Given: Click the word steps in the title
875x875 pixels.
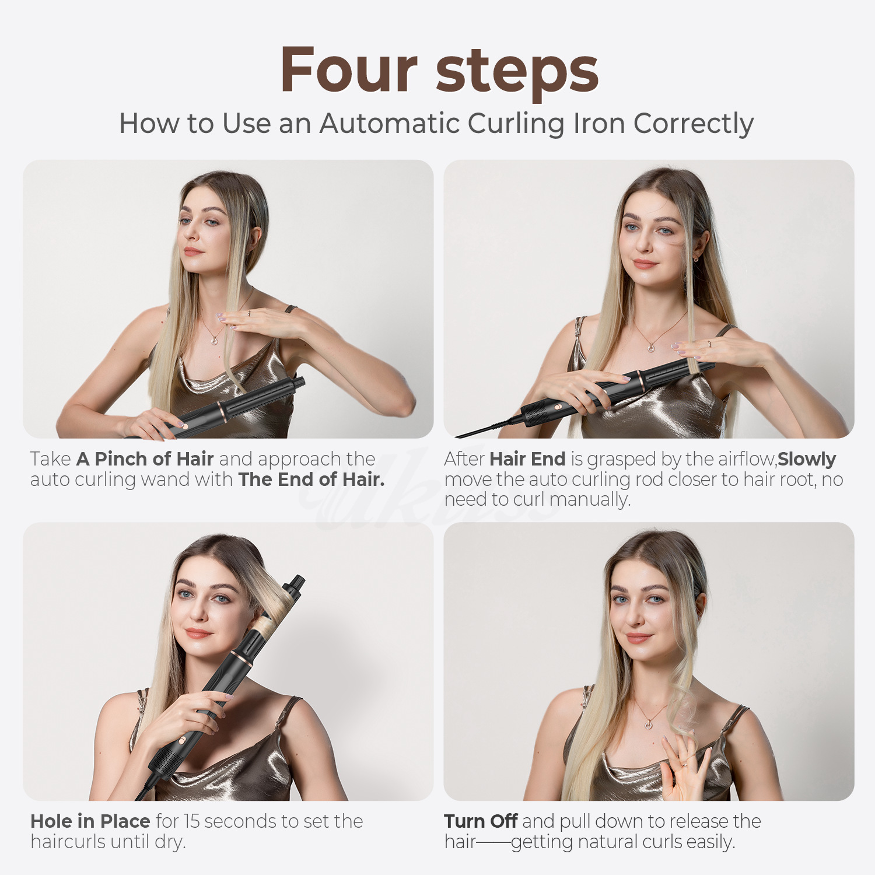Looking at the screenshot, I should point(517,71).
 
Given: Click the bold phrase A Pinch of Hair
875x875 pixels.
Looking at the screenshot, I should point(145,459).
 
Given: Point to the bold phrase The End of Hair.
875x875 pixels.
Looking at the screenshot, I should point(311,480).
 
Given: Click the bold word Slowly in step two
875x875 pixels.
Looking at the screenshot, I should point(807,459).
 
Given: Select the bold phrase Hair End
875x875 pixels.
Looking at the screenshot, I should point(527,459).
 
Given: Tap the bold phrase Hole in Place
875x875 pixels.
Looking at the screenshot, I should point(90,821).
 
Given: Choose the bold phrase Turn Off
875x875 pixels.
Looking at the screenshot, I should point(481,821).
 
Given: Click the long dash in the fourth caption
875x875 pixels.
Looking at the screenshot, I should point(494,842).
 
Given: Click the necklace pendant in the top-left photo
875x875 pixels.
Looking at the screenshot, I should point(214,340).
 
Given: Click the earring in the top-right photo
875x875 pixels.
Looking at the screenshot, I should point(696,258).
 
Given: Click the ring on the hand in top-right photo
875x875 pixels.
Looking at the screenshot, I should point(709,344).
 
